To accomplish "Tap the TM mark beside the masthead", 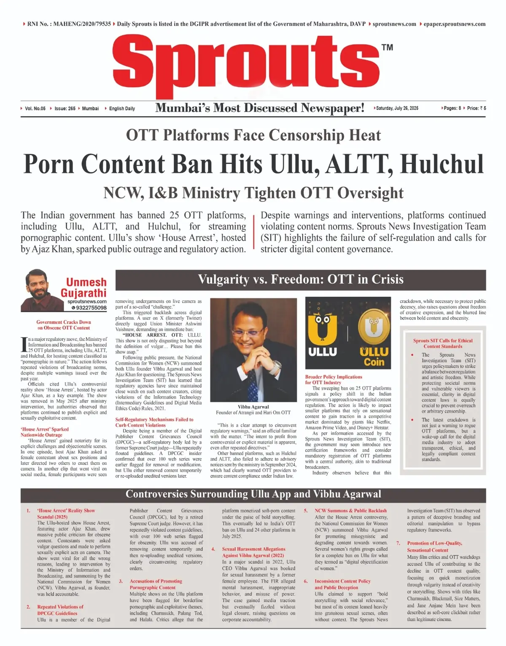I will (x=387, y=47).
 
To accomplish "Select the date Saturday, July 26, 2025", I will (x=397, y=108).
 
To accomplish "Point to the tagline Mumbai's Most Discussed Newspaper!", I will (x=260, y=108).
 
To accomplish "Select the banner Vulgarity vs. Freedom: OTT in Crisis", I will (x=301, y=279).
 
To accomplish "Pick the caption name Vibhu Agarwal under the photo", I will (x=253, y=407).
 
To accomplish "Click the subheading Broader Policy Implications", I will (x=334, y=377).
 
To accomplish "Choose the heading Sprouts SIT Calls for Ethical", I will (x=443, y=340).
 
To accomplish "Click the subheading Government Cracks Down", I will (x=64, y=322).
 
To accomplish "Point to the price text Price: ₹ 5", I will (x=476, y=108).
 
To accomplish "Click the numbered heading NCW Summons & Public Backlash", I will (x=350, y=511).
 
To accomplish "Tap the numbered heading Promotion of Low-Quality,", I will (x=434, y=543).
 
